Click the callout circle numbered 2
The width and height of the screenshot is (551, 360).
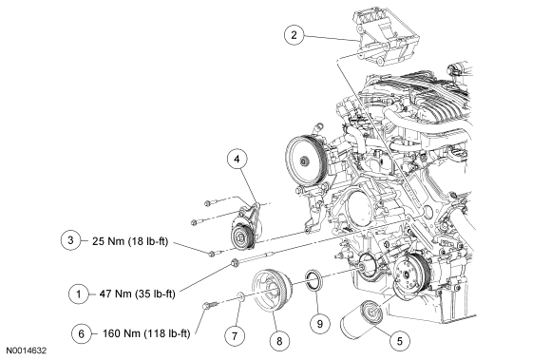pyautogui.click(x=294, y=34)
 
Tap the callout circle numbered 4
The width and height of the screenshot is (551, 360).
pyautogui.click(x=237, y=159)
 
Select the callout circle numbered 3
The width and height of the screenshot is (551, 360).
pyautogui.click(x=70, y=240)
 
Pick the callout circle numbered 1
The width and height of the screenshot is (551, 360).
pyautogui.click(x=79, y=294)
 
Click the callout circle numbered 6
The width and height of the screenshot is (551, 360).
pyautogui.click(x=81, y=333)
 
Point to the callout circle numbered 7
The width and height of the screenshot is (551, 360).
pyautogui.click(x=234, y=335)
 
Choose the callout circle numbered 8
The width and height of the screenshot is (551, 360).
pyautogui.click(x=279, y=340)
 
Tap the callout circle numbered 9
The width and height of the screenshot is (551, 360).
pyautogui.click(x=319, y=323)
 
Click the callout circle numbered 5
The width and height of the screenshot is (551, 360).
pyautogui.click(x=400, y=340)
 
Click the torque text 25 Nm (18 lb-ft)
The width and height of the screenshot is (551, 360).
pyautogui.click(x=130, y=241)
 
